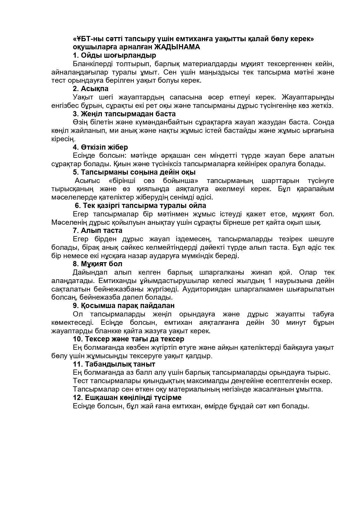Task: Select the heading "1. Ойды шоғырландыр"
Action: tap(114, 55)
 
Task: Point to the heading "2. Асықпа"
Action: tap(91, 89)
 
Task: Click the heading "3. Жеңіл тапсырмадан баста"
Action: tap(124, 114)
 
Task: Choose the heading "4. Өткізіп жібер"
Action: tap(100, 147)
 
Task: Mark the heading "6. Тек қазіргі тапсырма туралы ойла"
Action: tap(140, 206)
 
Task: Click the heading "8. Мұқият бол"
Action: tap(97, 264)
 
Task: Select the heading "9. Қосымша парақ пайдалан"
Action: tap(124, 306)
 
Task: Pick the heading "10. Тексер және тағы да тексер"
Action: tap(129, 339)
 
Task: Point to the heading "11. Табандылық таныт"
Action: tap(114, 364)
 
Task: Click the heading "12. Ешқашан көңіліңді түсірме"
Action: tap(127, 398)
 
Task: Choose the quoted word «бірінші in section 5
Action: tap(122, 181)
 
